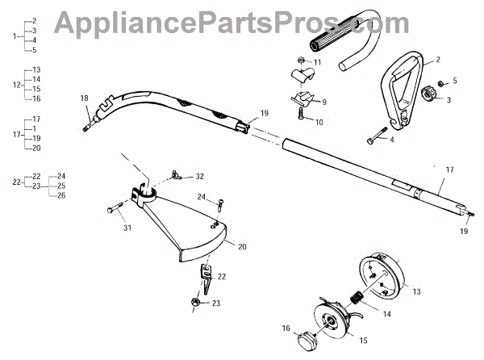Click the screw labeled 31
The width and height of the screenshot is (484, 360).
113,209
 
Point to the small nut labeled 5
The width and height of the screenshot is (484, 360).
442,84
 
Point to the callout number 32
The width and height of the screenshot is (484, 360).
200,176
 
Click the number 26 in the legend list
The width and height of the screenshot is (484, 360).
61,196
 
